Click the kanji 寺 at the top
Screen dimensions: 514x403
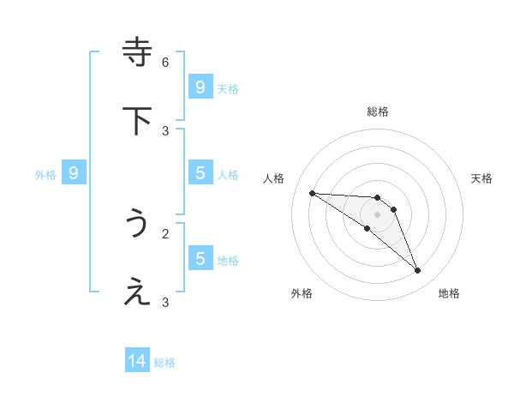click(138, 51)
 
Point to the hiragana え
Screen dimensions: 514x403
click(138, 292)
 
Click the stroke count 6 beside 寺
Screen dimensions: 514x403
click(165, 62)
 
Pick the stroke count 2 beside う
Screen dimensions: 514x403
click(165, 233)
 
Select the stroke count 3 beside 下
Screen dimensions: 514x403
click(165, 130)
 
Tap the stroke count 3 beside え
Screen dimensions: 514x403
click(165, 302)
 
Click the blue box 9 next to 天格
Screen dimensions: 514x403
click(200, 87)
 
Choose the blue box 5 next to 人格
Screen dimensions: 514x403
click(200, 173)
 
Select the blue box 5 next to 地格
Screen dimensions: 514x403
click(200, 258)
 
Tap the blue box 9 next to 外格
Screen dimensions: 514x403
click(74, 173)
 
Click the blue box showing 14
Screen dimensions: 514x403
click(137, 362)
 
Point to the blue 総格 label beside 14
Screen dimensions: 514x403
click(165, 363)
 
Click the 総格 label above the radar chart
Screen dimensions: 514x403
click(377, 111)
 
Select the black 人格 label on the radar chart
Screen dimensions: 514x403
click(274, 178)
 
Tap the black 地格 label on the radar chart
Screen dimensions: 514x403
click(449, 293)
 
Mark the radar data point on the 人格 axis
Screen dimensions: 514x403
click(312, 193)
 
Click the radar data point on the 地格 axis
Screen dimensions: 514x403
click(417, 271)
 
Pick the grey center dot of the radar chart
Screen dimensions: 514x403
click(377, 214)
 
